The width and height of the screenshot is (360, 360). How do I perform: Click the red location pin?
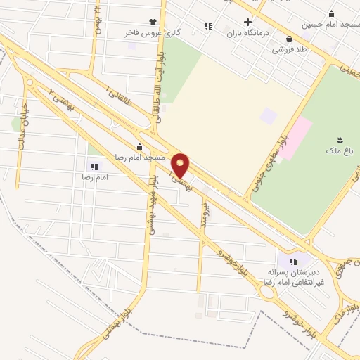pyautogui.click(x=181, y=166)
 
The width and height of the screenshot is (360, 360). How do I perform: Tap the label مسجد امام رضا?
pyautogui.click(x=141, y=158)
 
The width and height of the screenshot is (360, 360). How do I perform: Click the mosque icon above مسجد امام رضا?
pyautogui.click(x=140, y=147)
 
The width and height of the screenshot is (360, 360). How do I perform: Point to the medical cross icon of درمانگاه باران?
pyautogui.click(x=247, y=22)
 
